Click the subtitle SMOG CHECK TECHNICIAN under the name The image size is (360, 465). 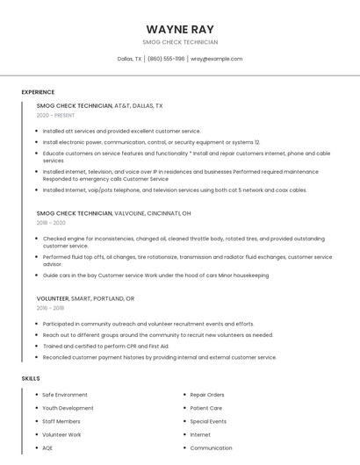(x=180, y=42)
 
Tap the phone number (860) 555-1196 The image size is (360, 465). (x=166, y=59)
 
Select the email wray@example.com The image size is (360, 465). (x=216, y=59)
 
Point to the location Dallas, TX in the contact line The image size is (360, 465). (x=129, y=59)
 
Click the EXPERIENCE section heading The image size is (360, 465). (x=38, y=92)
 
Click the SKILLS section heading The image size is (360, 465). (x=30, y=378)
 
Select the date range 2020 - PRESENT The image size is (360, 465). (x=55, y=116)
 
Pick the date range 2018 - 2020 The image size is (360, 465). (x=52, y=223)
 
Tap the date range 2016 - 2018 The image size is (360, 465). (x=52, y=308)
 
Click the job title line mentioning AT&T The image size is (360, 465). (x=99, y=105)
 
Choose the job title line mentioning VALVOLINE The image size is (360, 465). (x=113, y=213)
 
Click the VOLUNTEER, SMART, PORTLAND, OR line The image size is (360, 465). (x=86, y=298)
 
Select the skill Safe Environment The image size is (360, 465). (x=65, y=395)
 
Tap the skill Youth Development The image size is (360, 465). (x=68, y=408)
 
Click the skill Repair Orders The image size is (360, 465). (x=207, y=395)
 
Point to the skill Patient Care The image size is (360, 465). (x=206, y=408)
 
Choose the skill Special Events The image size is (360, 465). (x=208, y=421)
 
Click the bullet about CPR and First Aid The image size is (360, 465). (x=105, y=346)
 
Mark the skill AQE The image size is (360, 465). (x=47, y=447)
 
